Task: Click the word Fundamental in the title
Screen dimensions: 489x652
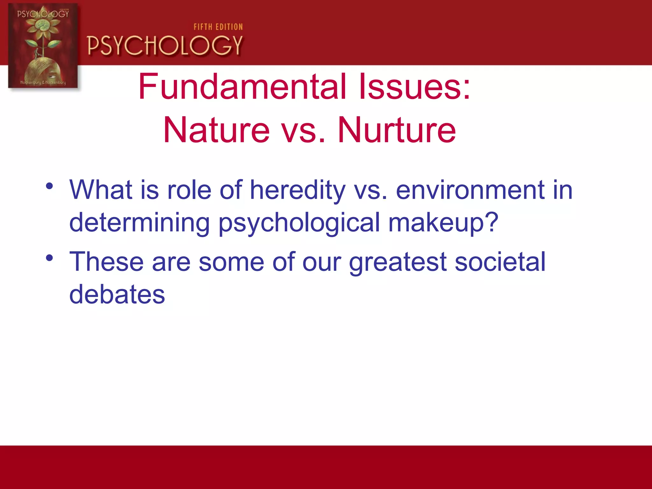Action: coord(242,87)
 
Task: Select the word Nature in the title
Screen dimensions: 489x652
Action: coord(216,130)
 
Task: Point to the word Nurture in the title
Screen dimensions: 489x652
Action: coord(397,130)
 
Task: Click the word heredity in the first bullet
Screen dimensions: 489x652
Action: coord(297,190)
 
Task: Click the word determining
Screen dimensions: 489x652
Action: coord(139,222)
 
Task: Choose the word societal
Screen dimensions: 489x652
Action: coord(500,262)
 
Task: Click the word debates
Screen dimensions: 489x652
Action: coord(117,294)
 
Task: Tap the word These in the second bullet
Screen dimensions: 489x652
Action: coord(106,262)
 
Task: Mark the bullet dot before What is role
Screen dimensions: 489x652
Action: coord(49,186)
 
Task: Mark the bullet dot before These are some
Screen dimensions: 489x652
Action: coord(49,258)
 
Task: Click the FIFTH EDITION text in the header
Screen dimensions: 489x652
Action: coord(218,27)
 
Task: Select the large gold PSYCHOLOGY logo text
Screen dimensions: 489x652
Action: coord(165,46)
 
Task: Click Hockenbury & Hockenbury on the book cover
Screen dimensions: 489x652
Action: coord(43,82)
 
